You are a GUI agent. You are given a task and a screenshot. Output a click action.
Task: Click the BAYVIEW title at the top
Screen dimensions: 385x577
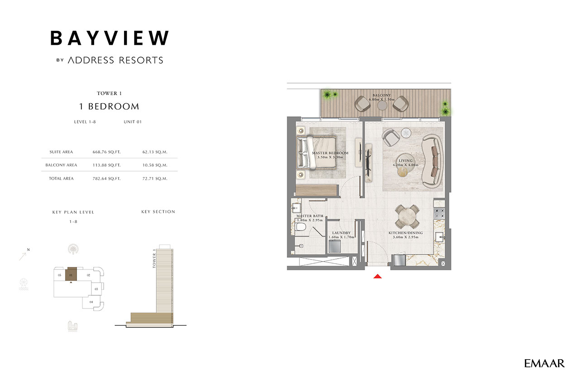coord(110,38)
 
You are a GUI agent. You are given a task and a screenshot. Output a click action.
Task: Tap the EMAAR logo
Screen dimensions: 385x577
coord(544,363)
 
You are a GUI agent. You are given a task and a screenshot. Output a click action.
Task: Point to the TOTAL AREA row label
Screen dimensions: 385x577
coord(61,179)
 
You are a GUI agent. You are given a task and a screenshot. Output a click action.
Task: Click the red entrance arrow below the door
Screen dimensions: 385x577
coord(378,276)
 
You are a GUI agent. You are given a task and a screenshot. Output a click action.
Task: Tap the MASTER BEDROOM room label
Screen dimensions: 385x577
coord(330,153)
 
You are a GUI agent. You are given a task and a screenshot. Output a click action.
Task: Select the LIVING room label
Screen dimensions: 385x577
coord(405,161)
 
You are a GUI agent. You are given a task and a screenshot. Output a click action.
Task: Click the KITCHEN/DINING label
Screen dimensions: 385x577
coord(405,233)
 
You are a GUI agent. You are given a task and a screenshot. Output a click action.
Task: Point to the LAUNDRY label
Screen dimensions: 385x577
coord(341,233)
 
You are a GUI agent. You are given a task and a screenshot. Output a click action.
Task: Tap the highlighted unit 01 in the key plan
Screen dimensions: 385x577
coord(71,274)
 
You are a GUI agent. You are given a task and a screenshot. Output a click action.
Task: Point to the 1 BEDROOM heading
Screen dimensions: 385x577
coord(109,106)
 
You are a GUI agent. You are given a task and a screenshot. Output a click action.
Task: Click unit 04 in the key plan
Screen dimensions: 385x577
coord(92,302)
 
